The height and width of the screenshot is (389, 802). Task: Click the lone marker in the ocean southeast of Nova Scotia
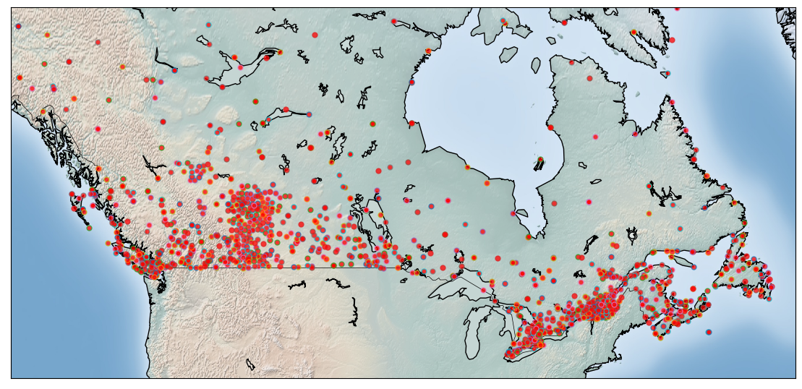pyautogui.click(x=708, y=332)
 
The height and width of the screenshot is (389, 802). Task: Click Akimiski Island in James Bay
pyautogui.click(x=521, y=213)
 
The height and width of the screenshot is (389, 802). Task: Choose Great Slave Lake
pyautogui.click(x=278, y=115)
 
